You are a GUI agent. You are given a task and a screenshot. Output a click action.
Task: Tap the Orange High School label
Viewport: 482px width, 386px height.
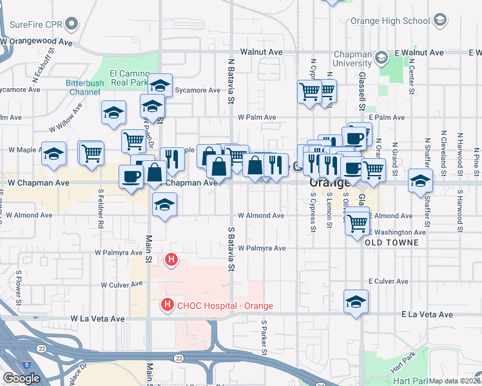point(390,21)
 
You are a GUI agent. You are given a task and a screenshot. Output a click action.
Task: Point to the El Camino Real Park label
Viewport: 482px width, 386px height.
point(129,78)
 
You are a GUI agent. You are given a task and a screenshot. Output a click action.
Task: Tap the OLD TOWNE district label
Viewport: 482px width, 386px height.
point(392,243)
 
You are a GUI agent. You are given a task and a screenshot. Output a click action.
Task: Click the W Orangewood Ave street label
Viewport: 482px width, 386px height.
point(36,41)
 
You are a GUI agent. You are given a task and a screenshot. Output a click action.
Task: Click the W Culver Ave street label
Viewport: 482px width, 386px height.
point(121,284)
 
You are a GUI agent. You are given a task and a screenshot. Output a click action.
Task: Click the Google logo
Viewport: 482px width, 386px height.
point(21,378)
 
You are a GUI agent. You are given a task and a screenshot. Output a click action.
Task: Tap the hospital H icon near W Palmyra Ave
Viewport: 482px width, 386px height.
point(171,260)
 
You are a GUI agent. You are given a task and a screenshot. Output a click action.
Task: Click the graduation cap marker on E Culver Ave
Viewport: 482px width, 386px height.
point(356,301)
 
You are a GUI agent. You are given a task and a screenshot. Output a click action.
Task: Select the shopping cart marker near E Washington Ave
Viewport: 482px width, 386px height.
point(356,224)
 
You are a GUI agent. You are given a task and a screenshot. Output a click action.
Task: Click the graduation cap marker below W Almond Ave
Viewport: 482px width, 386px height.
point(164,205)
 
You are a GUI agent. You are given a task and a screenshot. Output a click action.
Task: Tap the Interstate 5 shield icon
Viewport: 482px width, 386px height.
point(26,364)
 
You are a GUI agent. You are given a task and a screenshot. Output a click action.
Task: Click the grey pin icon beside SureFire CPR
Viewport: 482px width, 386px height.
point(72,26)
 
